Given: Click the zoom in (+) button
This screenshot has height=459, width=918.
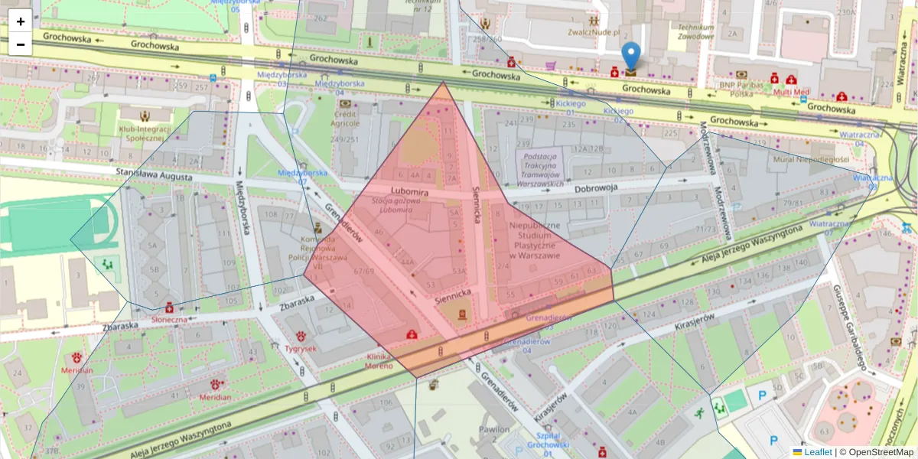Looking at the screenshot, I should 21,21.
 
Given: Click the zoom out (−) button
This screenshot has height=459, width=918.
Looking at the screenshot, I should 21,44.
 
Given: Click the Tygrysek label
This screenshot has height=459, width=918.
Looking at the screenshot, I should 301,348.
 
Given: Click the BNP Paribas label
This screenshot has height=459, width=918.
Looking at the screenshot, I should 734,89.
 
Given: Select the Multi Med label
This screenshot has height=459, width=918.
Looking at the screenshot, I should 790,92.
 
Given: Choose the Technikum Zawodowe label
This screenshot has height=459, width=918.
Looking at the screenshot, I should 695,31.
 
